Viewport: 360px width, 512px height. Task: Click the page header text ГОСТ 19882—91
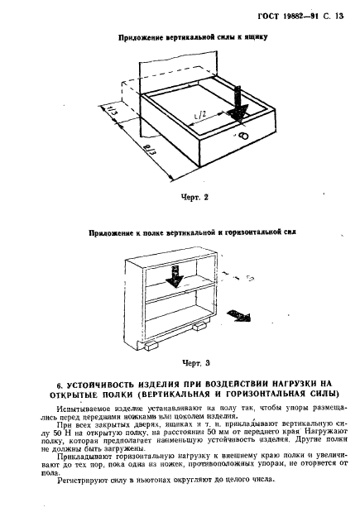(288, 16)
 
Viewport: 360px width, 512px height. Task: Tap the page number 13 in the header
(338, 16)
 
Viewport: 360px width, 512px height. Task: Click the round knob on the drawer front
(243, 136)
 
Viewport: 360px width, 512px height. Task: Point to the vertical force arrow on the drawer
(238, 104)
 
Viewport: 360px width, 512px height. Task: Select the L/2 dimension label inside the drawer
(202, 116)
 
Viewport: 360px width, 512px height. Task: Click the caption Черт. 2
(194, 198)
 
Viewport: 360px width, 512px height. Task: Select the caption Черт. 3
(195, 363)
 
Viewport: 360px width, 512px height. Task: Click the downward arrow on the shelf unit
(175, 276)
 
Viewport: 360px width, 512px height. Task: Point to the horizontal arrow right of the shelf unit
(238, 316)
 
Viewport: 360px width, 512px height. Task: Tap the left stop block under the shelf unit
(151, 345)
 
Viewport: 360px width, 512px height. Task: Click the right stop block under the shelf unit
(199, 327)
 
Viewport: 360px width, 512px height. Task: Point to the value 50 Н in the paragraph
(60, 433)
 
